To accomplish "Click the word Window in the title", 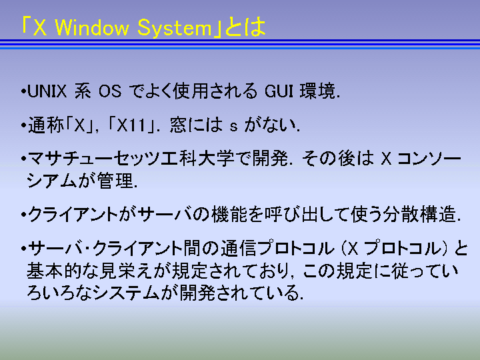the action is (x=92, y=27).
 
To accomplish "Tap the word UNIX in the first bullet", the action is (x=47, y=91).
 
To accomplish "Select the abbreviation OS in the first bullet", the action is (x=110, y=91).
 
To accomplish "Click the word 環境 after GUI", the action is (x=317, y=91).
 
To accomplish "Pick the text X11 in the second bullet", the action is (x=131, y=125).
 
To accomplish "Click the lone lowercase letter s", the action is (x=233, y=127).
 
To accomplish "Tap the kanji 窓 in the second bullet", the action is (x=178, y=125).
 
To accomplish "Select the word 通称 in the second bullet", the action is (x=46, y=125).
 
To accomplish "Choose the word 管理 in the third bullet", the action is (x=115, y=181).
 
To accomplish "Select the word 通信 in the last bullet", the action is (x=238, y=248).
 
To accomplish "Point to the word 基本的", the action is (x=54, y=271).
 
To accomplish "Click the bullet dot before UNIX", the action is (x=23, y=91).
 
